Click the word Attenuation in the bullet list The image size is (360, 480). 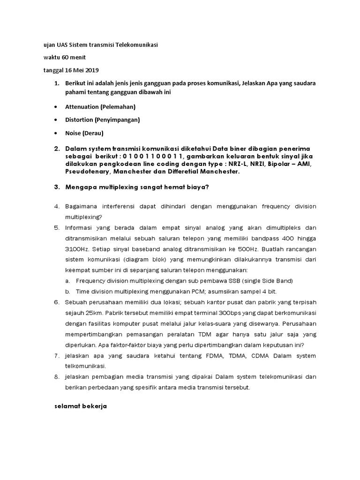pos(82,107)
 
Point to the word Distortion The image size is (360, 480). pos(80,120)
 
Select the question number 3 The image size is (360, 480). pos(57,187)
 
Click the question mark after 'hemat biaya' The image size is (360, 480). pos(207,187)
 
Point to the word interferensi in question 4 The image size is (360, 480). pos(123,206)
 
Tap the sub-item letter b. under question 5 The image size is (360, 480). pos(68,291)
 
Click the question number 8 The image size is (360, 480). pos(57,377)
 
